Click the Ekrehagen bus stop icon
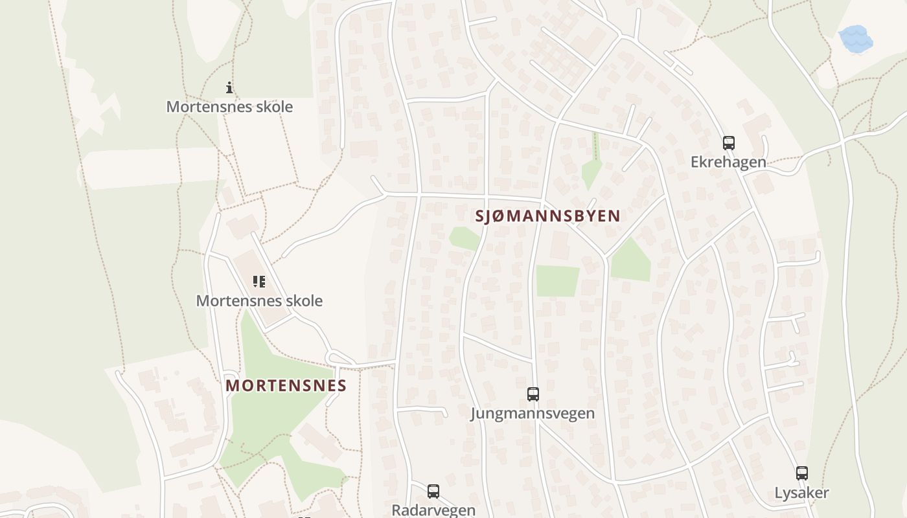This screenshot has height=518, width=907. [x=729, y=143]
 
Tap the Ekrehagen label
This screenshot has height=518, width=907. [x=728, y=163]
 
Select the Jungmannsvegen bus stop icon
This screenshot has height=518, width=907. [x=533, y=394]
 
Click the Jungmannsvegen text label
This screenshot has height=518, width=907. [x=533, y=413]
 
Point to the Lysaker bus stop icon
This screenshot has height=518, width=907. [x=802, y=473]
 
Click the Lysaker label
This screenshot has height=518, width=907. [x=801, y=493]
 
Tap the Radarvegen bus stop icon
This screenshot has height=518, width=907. [x=433, y=491]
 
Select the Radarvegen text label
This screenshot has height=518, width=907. [x=433, y=510]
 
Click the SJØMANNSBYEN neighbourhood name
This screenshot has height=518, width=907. [x=548, y=216]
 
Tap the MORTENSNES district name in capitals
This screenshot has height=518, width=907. [x=286, y=386]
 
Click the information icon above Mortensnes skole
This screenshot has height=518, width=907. [x=229, y=87]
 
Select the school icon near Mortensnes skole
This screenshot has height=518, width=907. [x=259, y=282]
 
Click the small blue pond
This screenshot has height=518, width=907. [x=855, y=39]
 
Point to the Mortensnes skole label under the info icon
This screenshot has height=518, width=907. [x=229, y=107]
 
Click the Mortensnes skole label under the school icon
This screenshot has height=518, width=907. [x=259, y=301]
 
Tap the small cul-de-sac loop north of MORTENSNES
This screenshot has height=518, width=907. [x=338, y=358]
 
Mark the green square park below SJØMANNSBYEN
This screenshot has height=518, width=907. [x=557, y=281]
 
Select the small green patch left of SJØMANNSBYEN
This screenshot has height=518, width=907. [x=465, y=238]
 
